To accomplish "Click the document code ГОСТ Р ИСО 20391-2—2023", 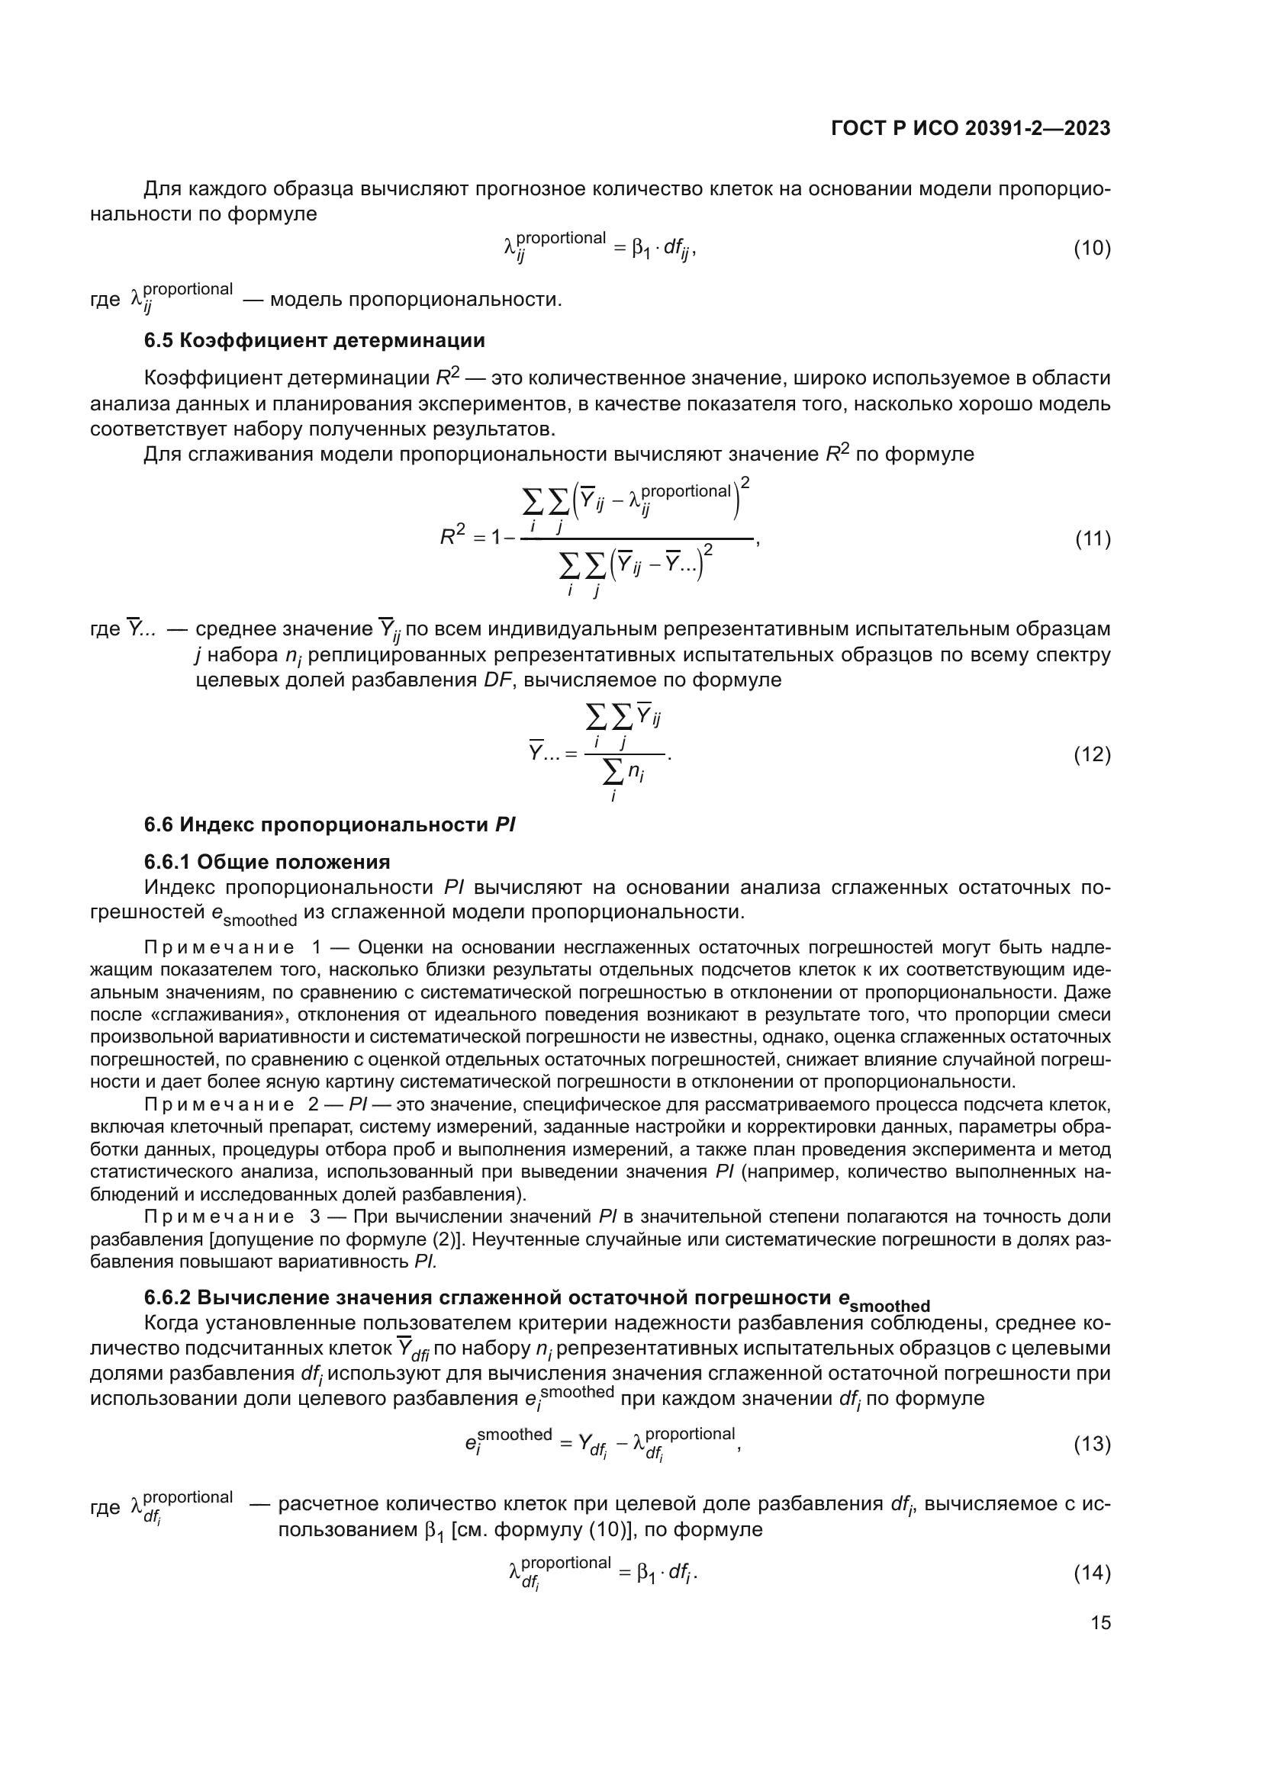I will (x=970, y=129).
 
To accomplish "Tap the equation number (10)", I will (x=1092, y=249).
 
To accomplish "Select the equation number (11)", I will (x=1092, y=538).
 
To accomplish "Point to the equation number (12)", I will (x=1092, y=754).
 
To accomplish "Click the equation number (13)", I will (x=1092, y=1444).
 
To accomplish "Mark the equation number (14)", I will (x=1092, y=1573).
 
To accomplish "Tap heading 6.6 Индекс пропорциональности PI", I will (x=330, y=824).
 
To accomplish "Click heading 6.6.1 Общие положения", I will (x=266, y=862).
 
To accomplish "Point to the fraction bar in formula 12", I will (x=624, y=754).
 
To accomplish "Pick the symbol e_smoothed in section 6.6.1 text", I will (x=254, y=915).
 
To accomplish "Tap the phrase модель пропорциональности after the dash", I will (x=415, y=300).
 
